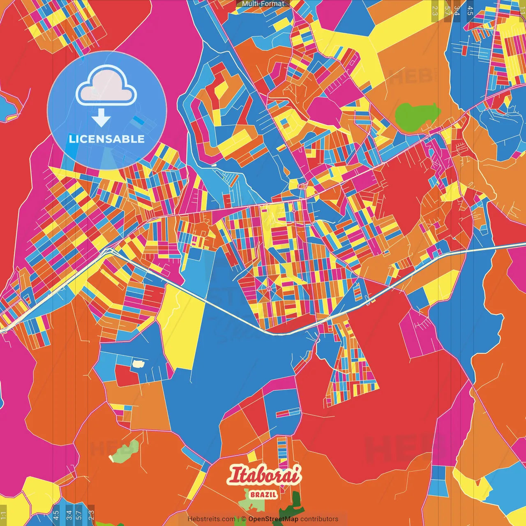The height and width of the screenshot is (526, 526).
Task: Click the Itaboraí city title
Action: pyautogui.click(x=264, y=476)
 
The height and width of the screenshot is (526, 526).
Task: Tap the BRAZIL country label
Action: pyautogui.click(x=263, y=494)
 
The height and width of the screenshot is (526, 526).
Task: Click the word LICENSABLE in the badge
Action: pyautogui.click(x=107, y=139)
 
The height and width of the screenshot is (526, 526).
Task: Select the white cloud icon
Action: pyautogui.click(x=106, y=85)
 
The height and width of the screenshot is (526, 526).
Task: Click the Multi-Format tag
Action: pyautogui.click(x=263, y=4)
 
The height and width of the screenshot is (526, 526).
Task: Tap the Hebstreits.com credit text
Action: pyautogui.click(x=211, y=519)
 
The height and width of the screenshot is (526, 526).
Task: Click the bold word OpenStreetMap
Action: pyautogui.click(x=273, y=519)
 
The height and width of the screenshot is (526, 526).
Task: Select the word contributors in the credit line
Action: pyautogui.click(x=319, y=519)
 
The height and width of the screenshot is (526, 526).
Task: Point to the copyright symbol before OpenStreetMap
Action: pyautogui.click(x=244, y=519)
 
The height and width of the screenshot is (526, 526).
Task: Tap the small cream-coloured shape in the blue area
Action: pyautogui.click(x=138, y=363)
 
